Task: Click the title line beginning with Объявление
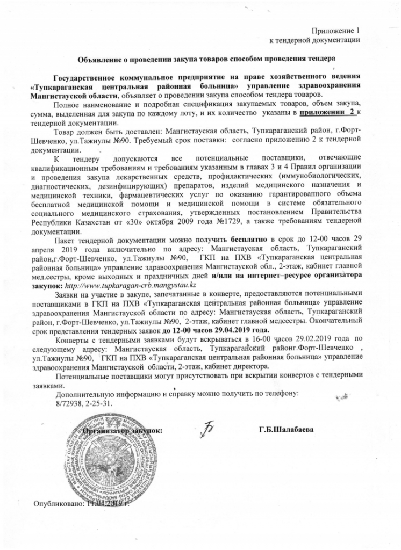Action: tap(207, 57)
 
